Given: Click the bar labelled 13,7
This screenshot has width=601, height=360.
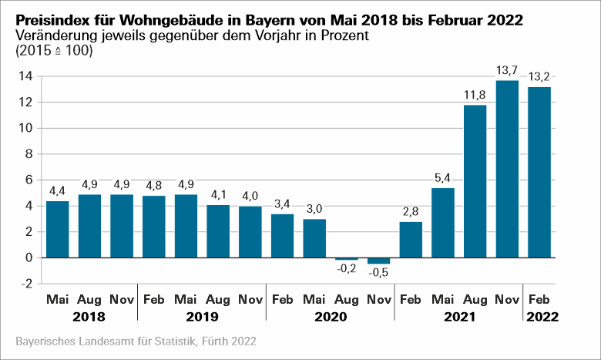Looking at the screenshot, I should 507,168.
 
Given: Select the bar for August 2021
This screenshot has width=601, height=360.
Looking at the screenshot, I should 475,180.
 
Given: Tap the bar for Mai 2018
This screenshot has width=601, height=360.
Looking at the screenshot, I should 58,229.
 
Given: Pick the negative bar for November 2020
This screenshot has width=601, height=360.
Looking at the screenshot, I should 378,261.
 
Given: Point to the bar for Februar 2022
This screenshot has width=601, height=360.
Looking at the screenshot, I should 539,171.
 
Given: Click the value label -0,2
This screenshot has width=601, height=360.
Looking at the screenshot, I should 346,269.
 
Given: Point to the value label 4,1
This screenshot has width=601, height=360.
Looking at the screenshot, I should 218,196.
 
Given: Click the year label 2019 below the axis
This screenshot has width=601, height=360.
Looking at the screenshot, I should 202,316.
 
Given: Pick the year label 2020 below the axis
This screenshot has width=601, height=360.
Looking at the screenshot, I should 331,316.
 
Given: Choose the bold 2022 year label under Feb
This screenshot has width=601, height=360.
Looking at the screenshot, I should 539,316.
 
